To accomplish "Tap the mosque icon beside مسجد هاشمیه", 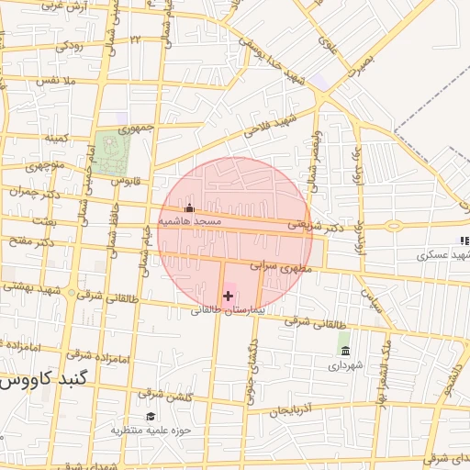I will click(190, 208).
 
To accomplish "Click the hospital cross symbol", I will click(229, 296).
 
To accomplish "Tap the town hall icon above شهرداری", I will click(345, 352).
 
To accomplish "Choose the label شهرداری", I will click(345, 365).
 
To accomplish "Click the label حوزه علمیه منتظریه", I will click(151, 430).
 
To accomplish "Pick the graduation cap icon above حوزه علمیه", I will click(151, 416).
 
